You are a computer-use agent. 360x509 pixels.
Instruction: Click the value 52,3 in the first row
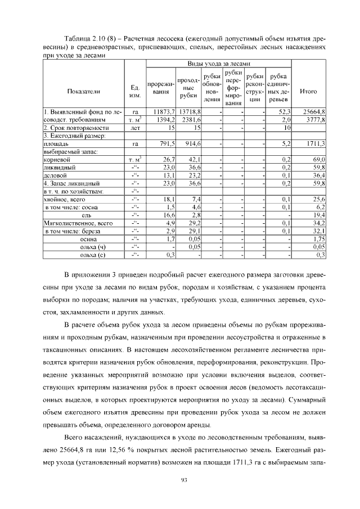[284, 112]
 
